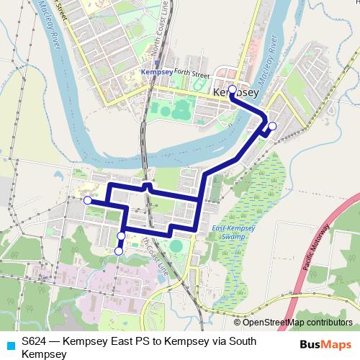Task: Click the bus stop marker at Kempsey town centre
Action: tap(232, 90)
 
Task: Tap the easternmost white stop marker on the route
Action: tap(271, 126)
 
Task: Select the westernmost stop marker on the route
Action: tap(87, 200)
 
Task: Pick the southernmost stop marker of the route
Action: tap(118, 251)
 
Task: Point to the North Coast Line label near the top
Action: tap(163, 32)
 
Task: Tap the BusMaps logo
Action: tap(325, 343)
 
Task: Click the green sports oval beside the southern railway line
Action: tap(176, 247)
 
